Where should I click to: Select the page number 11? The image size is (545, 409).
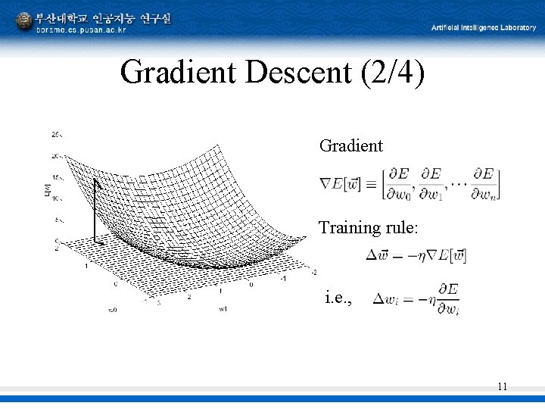(502, 387)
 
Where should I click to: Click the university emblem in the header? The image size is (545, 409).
(23, 21)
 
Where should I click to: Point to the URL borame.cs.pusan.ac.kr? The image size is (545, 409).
(82, 30)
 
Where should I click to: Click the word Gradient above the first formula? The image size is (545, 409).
(351, 145)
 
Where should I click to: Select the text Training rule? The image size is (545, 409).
(368, 227)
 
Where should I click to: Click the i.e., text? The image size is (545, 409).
(338, 298)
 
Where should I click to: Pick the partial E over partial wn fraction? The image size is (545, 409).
(484, 184)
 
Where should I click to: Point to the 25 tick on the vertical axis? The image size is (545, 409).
(57, 134)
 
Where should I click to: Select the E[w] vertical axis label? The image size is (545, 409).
(48, 189)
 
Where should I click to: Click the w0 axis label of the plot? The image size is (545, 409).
(112, 310)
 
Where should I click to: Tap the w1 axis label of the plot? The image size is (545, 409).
(223, 309)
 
